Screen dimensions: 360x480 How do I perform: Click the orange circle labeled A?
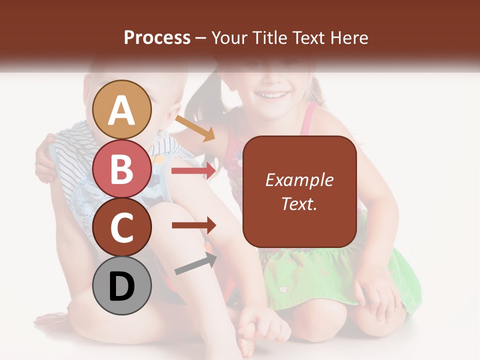pos(122,109)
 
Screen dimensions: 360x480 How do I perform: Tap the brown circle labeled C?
pos(122,227)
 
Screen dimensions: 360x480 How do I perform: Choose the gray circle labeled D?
pos(122,285)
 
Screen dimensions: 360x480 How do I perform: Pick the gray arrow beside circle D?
pos(195,263)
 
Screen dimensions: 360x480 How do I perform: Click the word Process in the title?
pos(157,37)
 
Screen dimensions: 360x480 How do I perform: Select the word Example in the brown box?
pos(299,180)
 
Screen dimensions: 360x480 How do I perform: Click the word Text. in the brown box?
pos(299,203)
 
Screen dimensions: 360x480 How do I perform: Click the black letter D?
pos(122,286)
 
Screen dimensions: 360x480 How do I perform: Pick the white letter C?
pos(122,227)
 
